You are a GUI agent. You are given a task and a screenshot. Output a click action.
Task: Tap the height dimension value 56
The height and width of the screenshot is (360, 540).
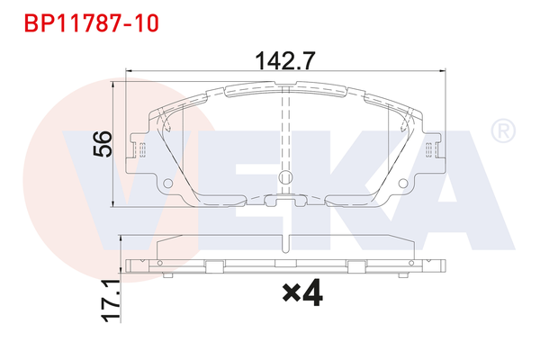[104, 143]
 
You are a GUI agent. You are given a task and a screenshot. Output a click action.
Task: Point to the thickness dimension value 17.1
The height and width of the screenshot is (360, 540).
[111, 301]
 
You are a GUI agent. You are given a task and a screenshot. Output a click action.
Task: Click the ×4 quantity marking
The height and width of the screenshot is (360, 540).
[301, 292]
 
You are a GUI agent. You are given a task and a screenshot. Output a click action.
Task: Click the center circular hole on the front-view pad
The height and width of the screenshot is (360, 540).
[286, 177]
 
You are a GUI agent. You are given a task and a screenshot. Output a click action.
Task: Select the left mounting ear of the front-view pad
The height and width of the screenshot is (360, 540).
[140, 148]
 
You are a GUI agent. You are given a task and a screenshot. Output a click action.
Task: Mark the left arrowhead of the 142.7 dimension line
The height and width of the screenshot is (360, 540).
[129, 71]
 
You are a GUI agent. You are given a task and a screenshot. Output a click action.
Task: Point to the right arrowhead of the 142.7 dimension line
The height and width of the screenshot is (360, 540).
[444, 71]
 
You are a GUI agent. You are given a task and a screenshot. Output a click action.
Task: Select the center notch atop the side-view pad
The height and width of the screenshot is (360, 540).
[286, 239]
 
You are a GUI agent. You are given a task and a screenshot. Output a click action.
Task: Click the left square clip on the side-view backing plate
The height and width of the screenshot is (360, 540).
[213, 265]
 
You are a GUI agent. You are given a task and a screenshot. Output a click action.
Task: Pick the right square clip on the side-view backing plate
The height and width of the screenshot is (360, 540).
[358, 265]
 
